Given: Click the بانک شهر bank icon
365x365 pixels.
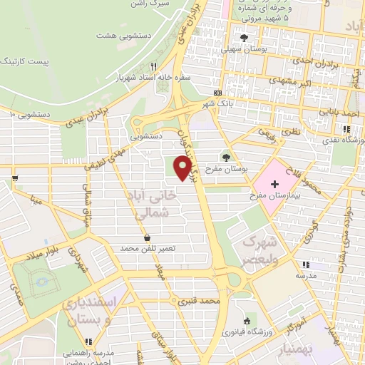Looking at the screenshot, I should tap(217, 93).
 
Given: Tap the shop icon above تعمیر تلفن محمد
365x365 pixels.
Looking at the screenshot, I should tap(148, 238).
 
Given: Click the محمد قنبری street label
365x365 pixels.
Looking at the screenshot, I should tap(198, 303).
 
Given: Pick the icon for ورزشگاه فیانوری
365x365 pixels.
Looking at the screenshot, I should tap(246, 322).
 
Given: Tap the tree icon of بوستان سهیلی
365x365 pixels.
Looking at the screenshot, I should tap(245, 38).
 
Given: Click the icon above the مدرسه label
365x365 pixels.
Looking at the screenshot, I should tap(307, 264).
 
